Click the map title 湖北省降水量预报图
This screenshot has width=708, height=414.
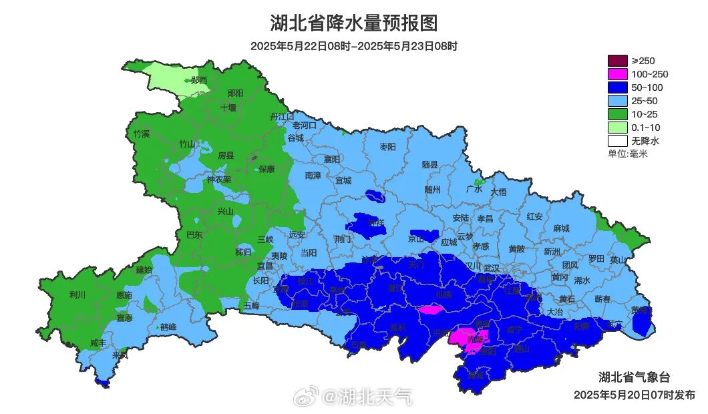[x=354, y=23]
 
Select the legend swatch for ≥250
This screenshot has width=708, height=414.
[x=618, y=61]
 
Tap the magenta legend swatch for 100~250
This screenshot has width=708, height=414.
[x=618, y=74]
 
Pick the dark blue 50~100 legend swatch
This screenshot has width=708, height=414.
[x=618, y=87]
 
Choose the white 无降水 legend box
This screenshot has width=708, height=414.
[x=618, y=141]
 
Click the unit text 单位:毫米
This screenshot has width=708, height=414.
[x=628, y=154]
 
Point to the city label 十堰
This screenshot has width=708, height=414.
[x=228, y=108]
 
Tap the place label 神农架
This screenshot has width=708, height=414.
[x=218, y=180]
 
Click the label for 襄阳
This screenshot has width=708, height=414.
[x=332, y=159]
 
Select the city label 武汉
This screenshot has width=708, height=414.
[x=492, y=267]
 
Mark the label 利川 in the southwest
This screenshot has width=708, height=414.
[x=77, y=294]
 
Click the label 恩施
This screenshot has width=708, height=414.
[x=124, y=295]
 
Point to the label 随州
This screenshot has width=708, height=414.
[x=433, y=190]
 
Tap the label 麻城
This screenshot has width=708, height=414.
[x=561, y=228]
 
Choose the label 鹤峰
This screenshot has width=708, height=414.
[x=168, y=327]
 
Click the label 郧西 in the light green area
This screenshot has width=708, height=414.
[x=198, y=80]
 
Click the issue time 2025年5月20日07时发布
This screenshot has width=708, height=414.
[x=634, y=395]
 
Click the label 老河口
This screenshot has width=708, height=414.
[x=305, y=125]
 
